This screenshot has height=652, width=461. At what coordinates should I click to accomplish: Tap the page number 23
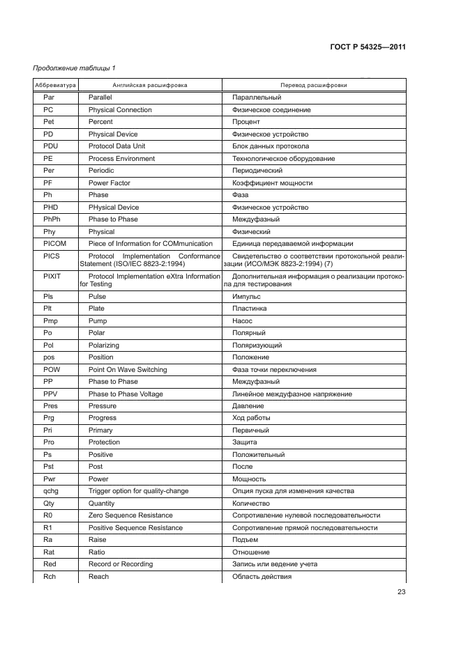401,592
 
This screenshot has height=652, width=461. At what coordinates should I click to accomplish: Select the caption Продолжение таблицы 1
74,68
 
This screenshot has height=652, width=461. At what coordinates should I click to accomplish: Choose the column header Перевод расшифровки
313,85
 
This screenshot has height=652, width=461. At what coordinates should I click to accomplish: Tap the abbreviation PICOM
53,244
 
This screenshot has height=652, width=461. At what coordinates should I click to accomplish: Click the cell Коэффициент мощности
272,183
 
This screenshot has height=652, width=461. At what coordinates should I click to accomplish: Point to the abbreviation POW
52,369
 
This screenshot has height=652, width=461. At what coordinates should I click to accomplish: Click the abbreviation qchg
50,491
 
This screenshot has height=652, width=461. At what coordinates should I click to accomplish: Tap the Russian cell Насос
242,320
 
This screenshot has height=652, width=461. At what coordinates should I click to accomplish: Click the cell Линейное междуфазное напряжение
292,394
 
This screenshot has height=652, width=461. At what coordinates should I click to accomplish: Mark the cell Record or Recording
120,564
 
